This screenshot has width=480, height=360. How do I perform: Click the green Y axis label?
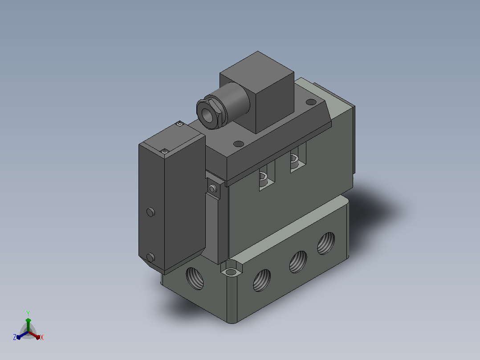[x=28, y=313]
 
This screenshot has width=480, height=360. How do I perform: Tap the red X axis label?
[x=42, y=337]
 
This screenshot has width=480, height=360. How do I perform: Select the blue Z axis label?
[x=15, y=337]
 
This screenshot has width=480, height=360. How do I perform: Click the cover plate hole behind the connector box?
[x=311, y=102]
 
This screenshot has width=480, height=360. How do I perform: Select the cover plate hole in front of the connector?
[x=239, y=144]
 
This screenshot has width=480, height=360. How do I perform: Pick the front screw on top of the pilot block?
[x=165, y=151]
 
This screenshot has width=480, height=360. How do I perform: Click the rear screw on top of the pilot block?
[x=180, y=124]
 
